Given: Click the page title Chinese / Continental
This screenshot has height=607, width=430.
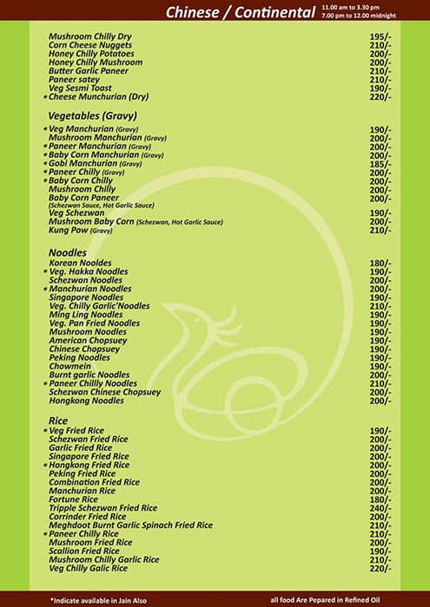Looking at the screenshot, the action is click(x=240, y=12).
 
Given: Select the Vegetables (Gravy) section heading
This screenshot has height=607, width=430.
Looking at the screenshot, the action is click(x=94, y=114).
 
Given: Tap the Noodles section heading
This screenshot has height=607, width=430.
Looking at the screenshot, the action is click(x=68, y=251).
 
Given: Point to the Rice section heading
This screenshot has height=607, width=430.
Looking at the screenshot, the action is click(x=58, y=420).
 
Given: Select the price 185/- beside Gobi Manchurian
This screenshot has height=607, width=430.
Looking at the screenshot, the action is click(x=380, y=163).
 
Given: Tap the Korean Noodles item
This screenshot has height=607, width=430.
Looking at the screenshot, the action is click(x=81, y=263).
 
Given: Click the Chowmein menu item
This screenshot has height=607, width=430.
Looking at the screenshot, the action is click(x=72, y=366).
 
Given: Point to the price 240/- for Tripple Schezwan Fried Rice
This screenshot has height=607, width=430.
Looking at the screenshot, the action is click(x=380, y=508).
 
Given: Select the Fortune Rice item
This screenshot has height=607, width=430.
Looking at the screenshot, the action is click(x=74, y=499).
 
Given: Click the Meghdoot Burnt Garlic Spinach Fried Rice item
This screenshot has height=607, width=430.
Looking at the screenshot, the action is click(x=130, y=525).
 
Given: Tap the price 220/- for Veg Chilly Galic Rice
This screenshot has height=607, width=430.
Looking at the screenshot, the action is click(x=380, y=568).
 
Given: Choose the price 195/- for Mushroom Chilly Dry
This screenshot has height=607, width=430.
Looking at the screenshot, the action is click(x=380, y=36).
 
